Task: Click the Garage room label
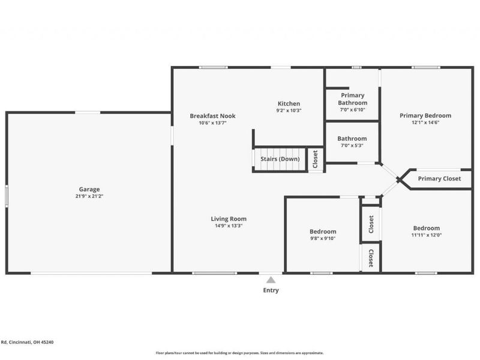89,189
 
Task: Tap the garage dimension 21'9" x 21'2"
89,196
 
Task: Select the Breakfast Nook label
212,116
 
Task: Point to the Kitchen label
289,104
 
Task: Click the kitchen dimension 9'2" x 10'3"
289,110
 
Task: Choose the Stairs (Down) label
280,159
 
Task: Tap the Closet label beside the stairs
316,160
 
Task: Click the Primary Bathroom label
353,99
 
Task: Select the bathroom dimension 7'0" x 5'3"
352,145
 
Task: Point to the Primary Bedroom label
425,116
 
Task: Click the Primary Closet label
439,179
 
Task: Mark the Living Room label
228,219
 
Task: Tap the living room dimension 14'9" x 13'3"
228,226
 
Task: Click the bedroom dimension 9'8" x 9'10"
323,238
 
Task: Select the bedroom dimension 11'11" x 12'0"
426,235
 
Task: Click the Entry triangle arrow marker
271,280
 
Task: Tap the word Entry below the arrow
271,290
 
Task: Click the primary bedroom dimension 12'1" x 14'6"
425,122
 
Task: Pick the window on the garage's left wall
7,196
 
